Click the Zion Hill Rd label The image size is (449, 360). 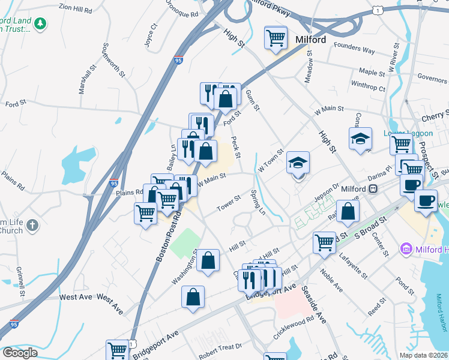76,10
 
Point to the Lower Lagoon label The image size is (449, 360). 403,133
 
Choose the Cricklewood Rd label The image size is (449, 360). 294,320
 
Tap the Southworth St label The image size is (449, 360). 113,61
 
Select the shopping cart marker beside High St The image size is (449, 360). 276,38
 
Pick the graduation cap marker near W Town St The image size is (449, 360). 298,163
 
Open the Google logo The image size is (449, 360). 20,353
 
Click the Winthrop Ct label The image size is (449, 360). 368,88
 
